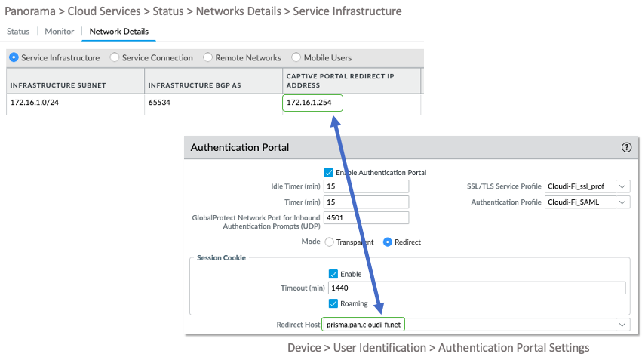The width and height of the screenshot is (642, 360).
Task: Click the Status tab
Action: click(18, 32)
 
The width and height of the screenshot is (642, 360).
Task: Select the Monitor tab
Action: click(59, 32)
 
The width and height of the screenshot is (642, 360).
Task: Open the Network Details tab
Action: click(118, 32)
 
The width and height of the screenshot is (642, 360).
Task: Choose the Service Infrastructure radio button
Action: click(14, 57)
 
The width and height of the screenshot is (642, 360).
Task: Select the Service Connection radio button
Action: click(115, 57)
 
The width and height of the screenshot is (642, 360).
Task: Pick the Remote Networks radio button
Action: click(208, 57)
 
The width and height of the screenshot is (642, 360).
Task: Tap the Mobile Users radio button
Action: click(296, 57)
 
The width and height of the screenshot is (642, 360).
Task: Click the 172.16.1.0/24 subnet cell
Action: click(34, 102)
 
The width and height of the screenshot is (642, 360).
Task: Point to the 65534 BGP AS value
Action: click(160, 102)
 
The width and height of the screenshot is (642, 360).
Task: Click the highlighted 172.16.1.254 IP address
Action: click(312, 103)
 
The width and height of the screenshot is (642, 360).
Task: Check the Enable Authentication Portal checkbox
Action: click(329, 172)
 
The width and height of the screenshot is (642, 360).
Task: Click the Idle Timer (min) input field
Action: click(366, 186)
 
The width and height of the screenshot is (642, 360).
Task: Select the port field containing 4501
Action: click(366, 217)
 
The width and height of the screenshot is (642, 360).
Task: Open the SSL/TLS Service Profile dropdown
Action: click(587, 186)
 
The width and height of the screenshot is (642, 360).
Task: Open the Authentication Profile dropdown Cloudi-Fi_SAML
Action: click(587, 202)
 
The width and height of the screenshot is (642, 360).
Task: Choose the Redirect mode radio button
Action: click(389, 242)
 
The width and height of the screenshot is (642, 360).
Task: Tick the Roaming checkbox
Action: click(333, 303)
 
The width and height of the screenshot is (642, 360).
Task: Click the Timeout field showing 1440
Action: click(475, 288)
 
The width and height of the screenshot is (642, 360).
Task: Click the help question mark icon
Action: click(626, 148)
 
